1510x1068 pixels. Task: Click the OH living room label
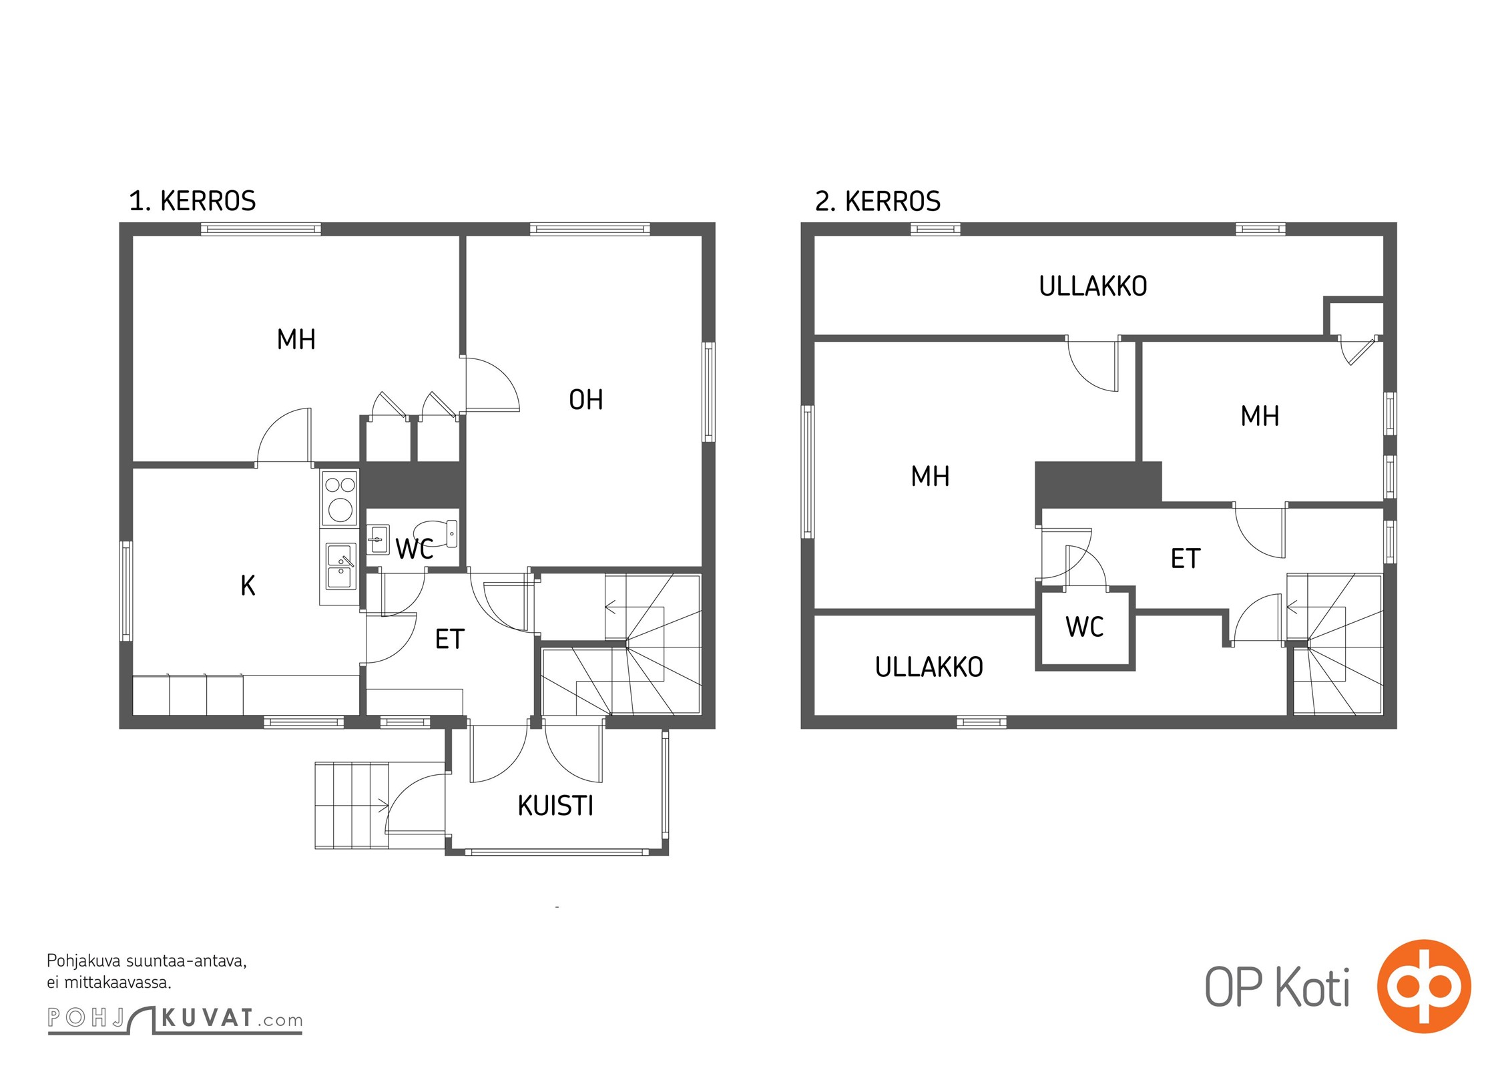coord(585,400)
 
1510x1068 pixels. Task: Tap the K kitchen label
coord(248,585)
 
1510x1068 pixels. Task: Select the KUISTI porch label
coord(555,806)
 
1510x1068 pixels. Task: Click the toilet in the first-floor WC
coord(439,533)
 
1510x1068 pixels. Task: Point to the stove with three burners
coord(340,498)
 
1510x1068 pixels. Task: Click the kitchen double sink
coord(340,566)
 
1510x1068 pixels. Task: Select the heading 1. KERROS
coord(192,201)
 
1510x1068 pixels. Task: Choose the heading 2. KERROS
coord(877,201)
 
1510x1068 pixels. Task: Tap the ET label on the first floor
coord(449,639)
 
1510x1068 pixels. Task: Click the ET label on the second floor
coord(1186,558)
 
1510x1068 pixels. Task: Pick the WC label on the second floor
coord(1085,627)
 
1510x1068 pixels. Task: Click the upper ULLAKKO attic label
coord(1093,286)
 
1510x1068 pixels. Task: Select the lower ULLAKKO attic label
coord(929,667)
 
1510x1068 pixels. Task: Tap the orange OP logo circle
coord(1424,987)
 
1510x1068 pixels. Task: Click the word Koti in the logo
coord(1312,988)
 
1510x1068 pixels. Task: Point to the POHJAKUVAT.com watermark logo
coord(175,1019)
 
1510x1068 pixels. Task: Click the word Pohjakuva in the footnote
coord(84,962)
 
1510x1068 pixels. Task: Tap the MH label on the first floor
coord(296,340)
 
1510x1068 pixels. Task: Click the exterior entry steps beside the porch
coord(351,805)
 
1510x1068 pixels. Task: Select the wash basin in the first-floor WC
coord(379,539)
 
